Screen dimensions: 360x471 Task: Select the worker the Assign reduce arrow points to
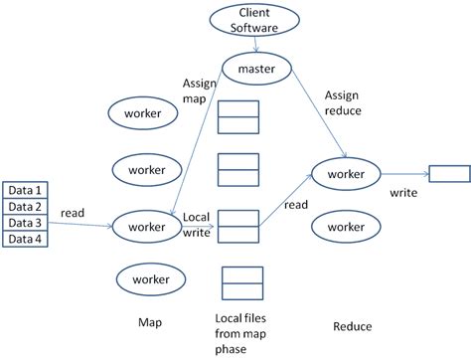[346, 174]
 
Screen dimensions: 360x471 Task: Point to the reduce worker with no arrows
[346, 227]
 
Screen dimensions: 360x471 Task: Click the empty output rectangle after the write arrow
[449, 175]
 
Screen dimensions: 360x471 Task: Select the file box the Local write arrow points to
[237, 226]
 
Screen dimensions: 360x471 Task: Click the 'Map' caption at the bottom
[149, 323]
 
